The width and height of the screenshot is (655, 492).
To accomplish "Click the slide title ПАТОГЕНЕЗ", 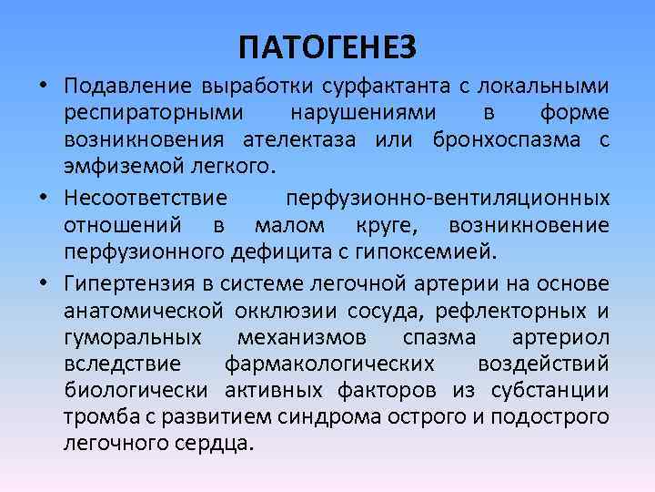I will coord(327,45).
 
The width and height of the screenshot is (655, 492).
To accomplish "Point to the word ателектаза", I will coord(297,142).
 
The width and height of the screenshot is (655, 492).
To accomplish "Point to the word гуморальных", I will coord(133,337).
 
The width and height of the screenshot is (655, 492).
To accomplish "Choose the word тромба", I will coord(91,418).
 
